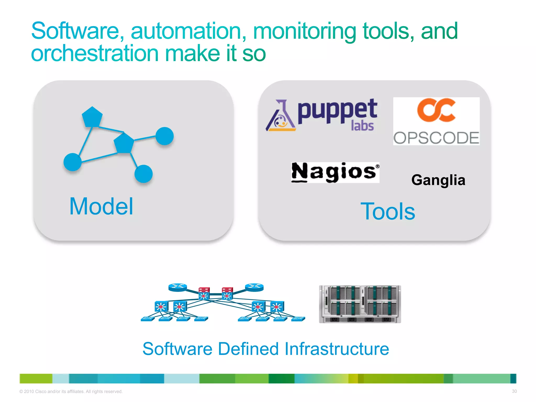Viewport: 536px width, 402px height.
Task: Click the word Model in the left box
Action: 101,206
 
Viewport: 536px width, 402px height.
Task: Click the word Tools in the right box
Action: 388,211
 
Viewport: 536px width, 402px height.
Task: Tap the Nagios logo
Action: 335,172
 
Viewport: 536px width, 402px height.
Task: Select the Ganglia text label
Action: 438,180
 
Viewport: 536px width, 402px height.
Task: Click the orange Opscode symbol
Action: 436,110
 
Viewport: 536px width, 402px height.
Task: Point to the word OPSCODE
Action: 436,138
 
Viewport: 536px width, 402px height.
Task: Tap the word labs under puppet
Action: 362,126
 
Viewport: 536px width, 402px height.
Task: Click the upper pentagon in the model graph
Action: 92,117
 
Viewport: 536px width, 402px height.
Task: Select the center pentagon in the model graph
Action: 124,143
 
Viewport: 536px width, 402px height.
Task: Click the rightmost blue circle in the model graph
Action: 164,136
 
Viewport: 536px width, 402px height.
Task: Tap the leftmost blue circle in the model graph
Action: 72,162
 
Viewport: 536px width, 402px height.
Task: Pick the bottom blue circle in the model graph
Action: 143,174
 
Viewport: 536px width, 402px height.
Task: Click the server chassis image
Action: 360,304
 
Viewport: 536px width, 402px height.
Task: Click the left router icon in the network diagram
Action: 178,287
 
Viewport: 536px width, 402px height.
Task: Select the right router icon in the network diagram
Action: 254,287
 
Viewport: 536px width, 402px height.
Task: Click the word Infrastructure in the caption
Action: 337,349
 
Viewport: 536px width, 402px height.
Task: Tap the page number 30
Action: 514,391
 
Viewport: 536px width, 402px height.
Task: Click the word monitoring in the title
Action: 304,31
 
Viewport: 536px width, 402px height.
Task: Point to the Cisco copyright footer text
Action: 71,392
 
